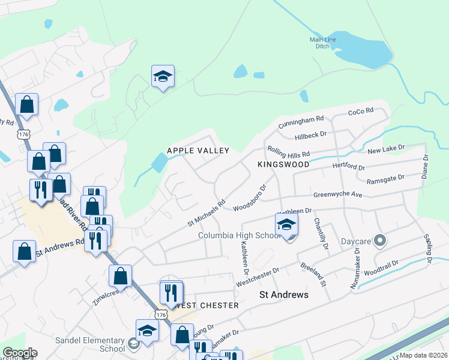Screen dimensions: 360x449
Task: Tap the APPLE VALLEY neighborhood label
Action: [198, 151]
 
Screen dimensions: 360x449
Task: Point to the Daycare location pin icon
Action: [379, 241]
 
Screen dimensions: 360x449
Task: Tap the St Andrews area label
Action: [284, 295]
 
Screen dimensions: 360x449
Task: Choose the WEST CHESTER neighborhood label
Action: [208, 305]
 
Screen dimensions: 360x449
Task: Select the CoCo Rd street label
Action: [361, 111]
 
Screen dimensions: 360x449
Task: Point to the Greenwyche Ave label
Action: [338, 195]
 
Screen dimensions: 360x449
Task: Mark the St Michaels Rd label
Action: [206, 213]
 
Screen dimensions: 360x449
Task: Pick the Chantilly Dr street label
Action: [321, 234]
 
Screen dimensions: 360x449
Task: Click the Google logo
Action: [19, 353]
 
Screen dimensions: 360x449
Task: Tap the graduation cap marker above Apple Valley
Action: [163, 77]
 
